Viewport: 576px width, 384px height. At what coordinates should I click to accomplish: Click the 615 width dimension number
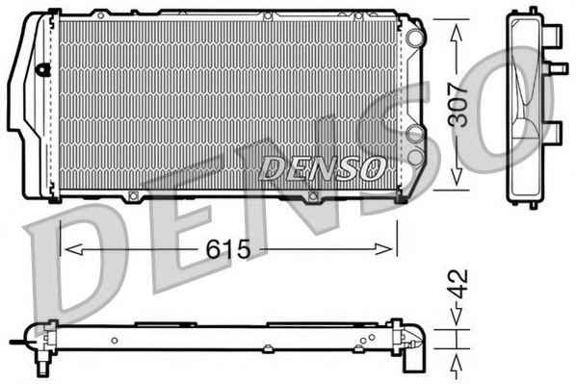tap(228, 249)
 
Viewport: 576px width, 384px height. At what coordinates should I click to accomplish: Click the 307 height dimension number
tap(458, 105)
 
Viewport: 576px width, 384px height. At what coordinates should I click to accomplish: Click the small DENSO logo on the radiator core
tap(323, 167)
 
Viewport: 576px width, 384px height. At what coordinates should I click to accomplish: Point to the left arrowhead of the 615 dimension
tap(73, 249)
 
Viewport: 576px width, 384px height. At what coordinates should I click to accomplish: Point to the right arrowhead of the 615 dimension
tap(383, 249)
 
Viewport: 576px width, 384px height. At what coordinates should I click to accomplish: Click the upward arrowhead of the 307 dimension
tap(457, 33)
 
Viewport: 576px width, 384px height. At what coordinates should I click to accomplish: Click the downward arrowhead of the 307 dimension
tap(457, 176)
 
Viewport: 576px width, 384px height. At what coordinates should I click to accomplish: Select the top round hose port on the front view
tap(415, 38)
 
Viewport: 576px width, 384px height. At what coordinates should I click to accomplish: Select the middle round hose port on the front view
tap(415, 134)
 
